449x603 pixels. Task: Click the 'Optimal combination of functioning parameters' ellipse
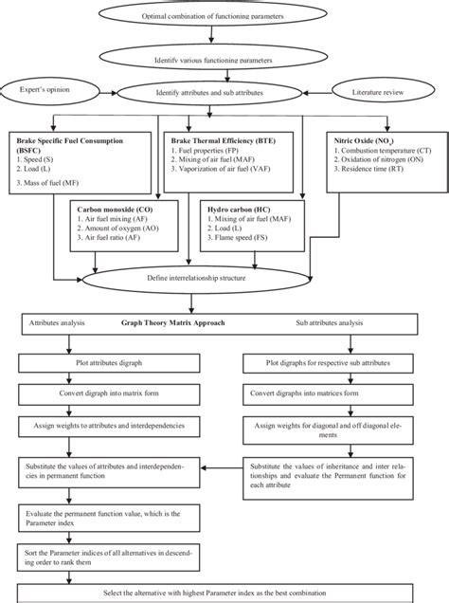(x=224, y=17)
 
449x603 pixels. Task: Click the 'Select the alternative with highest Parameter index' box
(x=224, y=593)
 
